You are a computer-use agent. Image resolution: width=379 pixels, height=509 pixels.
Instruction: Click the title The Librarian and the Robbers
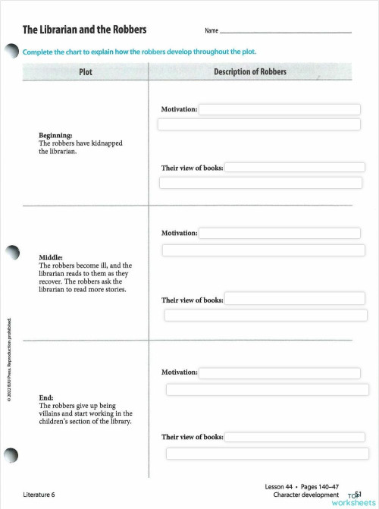[84, 30]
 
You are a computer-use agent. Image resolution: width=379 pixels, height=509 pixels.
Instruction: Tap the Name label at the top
[211, 31]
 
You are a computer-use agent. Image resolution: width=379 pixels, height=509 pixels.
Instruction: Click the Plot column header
[86, 72]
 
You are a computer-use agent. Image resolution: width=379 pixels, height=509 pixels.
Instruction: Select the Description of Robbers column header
[250, 72]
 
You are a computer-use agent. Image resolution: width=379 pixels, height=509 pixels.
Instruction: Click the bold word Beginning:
[55, 135]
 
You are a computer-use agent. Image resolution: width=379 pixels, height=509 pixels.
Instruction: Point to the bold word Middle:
[50, 257]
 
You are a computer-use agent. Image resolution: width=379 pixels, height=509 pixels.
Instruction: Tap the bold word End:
[45, 397]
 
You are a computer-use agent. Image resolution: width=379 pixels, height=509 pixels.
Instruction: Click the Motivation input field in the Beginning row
[279, 109]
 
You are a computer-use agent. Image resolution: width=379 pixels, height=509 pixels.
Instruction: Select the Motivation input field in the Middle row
[281, 233]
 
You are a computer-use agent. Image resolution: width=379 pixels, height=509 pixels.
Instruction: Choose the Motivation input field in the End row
[281, 372]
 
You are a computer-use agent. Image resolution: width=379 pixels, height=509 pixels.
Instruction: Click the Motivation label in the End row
[180, 372]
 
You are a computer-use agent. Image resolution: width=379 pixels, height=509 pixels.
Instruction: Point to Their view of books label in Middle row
[193, 300]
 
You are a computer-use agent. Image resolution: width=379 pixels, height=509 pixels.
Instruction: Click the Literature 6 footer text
[39, 494]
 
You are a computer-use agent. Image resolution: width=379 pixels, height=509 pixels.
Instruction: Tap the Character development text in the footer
[306, 494]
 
